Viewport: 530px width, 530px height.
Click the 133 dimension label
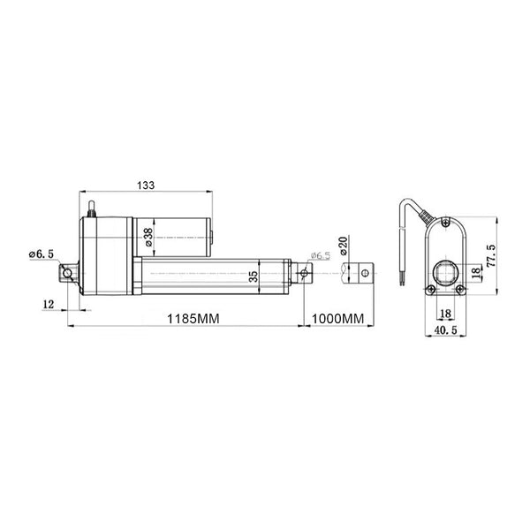[146, 185]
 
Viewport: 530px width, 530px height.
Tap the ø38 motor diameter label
[148, 237]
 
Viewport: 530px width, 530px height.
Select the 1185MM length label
[193, 318]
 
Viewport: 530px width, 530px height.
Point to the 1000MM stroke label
[337, 318]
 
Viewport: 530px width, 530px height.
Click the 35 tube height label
[254, 276]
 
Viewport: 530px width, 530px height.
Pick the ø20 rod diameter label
[343, 246]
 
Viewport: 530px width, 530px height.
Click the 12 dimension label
[49, 304]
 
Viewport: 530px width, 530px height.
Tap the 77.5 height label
[491, 256]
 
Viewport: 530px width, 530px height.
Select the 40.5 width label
[445, 329]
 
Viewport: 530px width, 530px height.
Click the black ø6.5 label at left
[42, 254]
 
